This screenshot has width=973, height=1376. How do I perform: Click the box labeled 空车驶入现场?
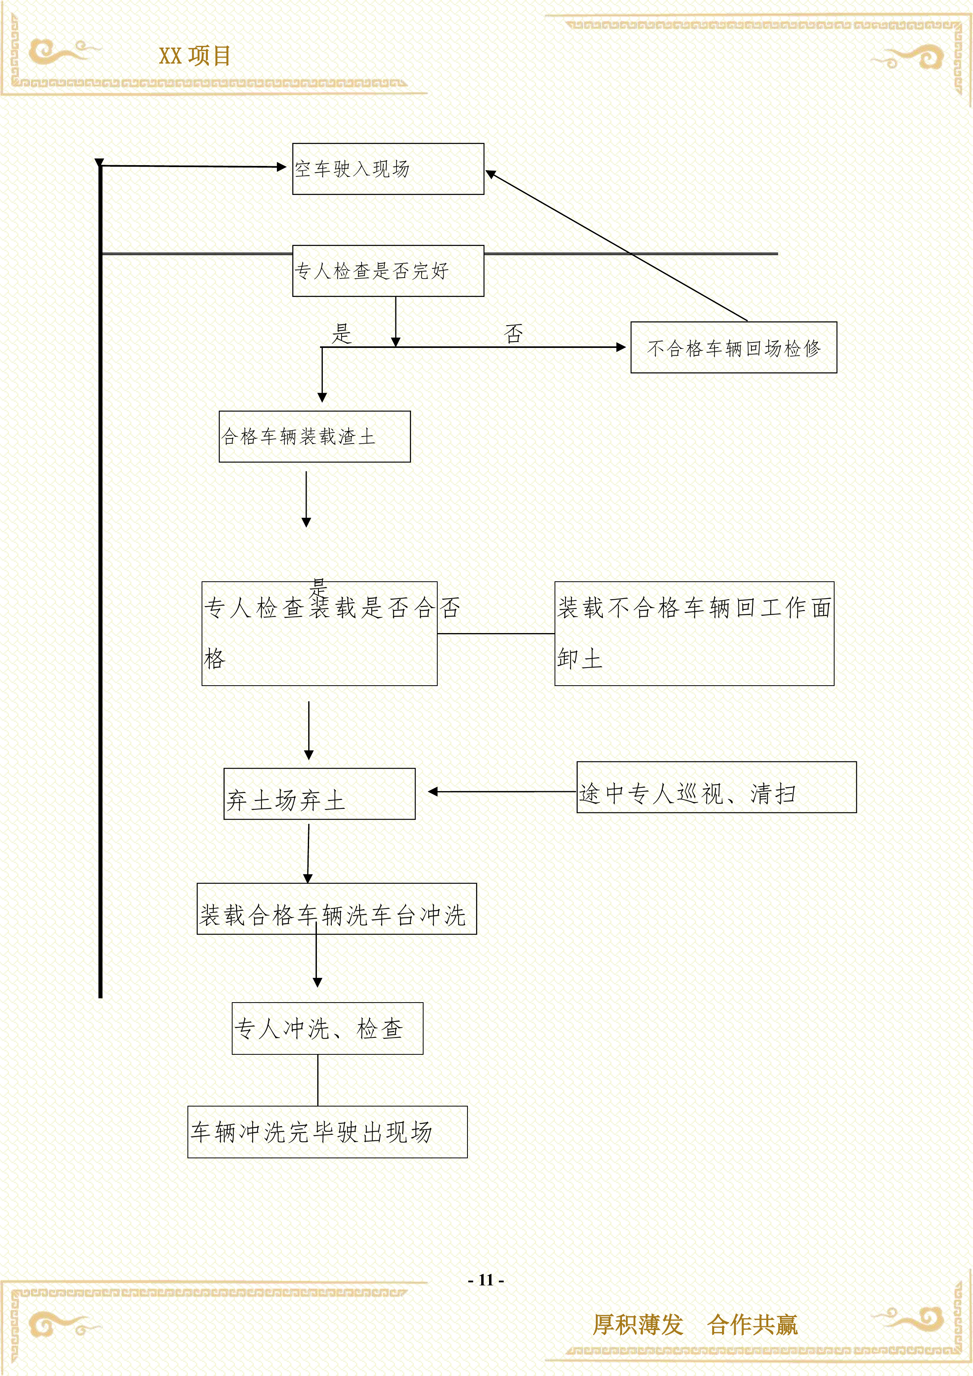click(387, 169)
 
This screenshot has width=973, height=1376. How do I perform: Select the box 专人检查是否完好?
click(387, 271)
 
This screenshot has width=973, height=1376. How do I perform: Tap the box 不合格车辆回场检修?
click(733, 348)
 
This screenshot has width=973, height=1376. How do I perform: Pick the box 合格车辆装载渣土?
click(315, 436)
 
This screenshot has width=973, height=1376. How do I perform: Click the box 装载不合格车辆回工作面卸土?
click(694, 633)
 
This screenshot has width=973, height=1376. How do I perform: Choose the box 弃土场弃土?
click(319, 794)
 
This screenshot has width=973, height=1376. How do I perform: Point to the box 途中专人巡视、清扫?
click(716, 788)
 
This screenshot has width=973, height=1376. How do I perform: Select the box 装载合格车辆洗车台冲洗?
click(337, 908)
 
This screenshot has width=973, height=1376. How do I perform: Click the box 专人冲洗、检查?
click(327, 1028)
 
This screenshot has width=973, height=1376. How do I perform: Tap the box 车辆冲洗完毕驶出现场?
click(327, 1132)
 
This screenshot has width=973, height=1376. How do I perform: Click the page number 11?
click(486, 1280)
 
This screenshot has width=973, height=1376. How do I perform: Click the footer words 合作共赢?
click(753, 1325)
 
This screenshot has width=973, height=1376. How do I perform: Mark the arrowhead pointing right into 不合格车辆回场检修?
click(621, 347)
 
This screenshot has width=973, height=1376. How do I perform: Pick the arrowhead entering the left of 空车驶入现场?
click(282, 167)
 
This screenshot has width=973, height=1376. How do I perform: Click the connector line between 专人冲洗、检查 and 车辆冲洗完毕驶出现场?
click(318, 1080)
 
